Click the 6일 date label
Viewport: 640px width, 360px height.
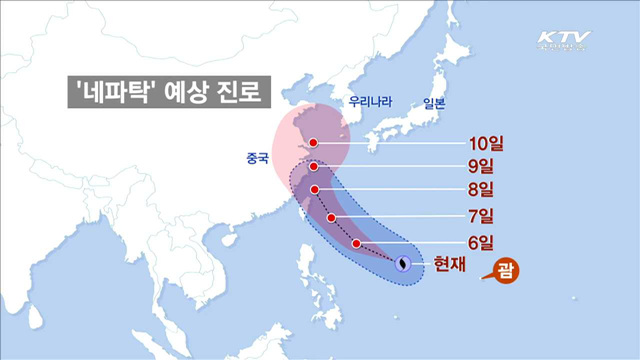click(x=479, y=241)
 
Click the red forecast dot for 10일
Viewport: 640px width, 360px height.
click(x=313, y=142)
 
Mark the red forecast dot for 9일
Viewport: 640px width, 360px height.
click(x=313, y=167)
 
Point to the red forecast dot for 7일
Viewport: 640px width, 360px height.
click(x=331, y=218)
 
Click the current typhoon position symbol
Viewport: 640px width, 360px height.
click(x=403, y=264)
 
